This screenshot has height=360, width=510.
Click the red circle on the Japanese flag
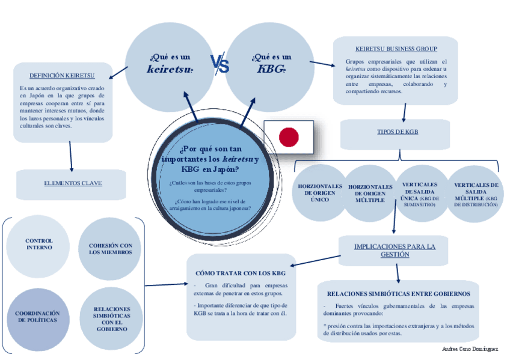[x=289, y=137]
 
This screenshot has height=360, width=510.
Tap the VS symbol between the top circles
[x=220, y=63]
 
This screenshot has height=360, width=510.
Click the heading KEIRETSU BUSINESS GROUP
[x=396, y=49]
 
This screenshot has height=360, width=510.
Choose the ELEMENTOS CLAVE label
[x=73, y=183]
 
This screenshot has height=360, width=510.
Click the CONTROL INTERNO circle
[x=39, y=244]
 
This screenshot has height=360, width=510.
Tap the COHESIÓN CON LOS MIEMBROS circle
[x=111, y=249]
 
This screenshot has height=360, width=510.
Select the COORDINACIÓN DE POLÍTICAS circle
[x=37, y=317]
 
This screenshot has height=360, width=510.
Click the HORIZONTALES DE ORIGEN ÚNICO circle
[x=320, y=193]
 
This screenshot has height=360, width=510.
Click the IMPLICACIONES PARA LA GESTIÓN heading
[x=395, y=250]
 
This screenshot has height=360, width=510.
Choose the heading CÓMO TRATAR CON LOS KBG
[x=241, y=273]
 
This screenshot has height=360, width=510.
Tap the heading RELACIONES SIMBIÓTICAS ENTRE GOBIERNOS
[x=398, y=294]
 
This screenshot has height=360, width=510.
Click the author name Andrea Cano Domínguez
[x=470, y=349]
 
